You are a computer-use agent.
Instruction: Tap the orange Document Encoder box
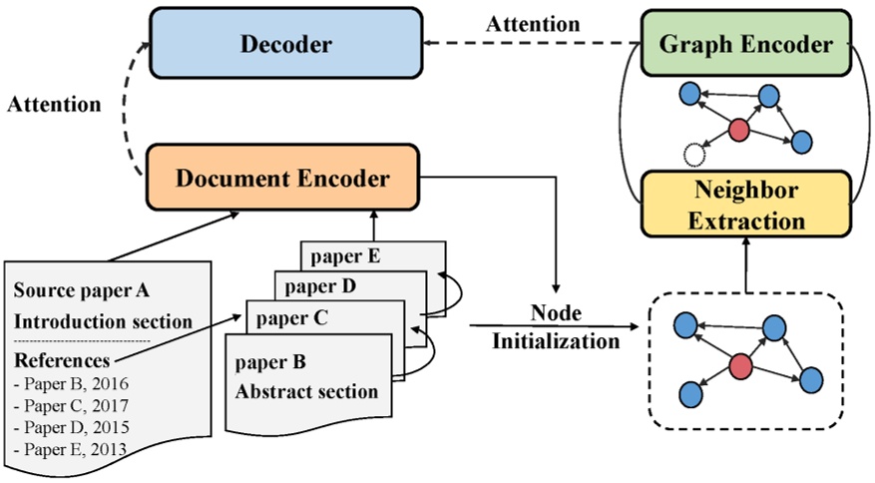282,179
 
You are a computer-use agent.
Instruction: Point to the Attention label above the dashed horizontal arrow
533,23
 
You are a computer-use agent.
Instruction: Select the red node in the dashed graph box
740,366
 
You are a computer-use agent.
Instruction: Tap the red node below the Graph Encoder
738,129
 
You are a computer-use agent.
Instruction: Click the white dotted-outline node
694,154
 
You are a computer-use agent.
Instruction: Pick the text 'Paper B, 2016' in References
71,383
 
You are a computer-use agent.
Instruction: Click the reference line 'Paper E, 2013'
71,449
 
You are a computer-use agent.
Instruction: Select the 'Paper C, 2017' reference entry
71,405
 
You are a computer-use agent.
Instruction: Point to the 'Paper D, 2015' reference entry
71,427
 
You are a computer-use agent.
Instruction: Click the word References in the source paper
62,359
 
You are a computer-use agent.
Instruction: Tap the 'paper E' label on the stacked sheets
344,254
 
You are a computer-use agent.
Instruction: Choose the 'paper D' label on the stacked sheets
317,286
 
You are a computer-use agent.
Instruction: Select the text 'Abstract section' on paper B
306,391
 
